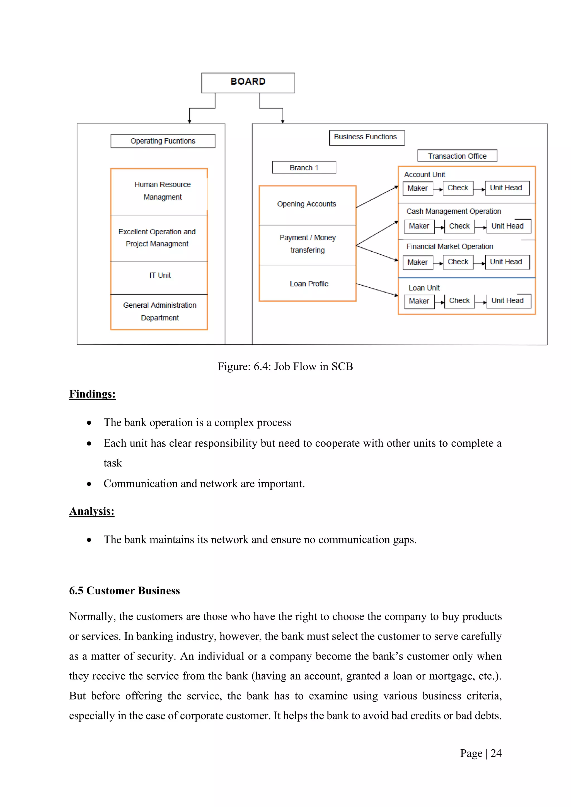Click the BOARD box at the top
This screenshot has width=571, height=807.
(248, 82)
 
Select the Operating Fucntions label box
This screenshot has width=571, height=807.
(163, 141)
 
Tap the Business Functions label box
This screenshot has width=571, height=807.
(366, 137)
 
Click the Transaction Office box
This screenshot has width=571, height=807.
(457, 156)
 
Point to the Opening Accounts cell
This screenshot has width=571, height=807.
(307, 204)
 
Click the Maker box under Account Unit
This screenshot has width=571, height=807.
(417, 188)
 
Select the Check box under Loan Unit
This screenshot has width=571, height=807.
(459, 301)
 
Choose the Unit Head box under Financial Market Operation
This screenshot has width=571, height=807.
(507, 262)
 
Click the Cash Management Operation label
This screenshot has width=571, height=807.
(453, 211)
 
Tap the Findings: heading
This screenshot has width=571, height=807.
(92, 394)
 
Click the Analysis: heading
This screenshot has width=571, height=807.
(91, 511)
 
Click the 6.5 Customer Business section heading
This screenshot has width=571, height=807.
(124, 590)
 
